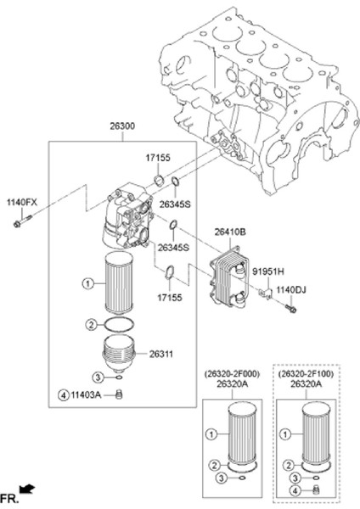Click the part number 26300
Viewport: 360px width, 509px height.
pos(122,126)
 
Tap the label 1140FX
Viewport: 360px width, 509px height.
pos(22,203)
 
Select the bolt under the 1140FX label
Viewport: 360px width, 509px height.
pos(23,221)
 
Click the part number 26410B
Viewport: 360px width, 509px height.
pos(230,232)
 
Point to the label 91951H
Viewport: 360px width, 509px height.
pos(268,271)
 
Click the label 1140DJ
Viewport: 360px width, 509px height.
pos(291,289)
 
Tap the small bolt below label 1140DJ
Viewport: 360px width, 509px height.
pos(290,308)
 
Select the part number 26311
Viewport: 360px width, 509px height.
pos(161,354)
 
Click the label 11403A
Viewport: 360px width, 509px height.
pos(86,394)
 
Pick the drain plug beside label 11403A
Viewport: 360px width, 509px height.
pos(119,394)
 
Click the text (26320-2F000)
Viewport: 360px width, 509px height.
pos(232,374)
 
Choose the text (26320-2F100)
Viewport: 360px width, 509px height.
pos(306,374)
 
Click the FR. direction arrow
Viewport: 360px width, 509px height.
pos(27,488)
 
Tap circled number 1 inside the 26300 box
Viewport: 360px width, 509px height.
pos(87,283)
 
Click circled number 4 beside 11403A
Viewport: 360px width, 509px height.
pos(64,395)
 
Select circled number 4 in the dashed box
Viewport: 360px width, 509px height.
pos(295,490)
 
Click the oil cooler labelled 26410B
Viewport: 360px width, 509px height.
pos(229,277)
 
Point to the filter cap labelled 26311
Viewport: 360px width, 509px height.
pos(119,354)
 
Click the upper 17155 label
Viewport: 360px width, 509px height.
pos(158,158)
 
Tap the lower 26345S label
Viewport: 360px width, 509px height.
pos(173,248)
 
